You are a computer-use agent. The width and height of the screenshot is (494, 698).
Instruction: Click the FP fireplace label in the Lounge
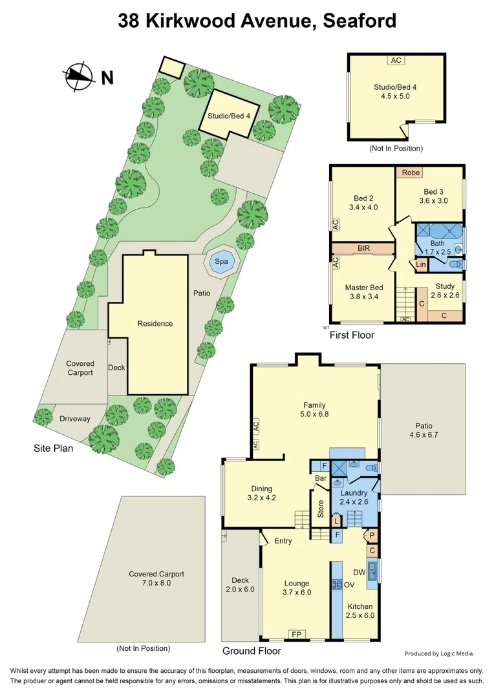tap(296, 634)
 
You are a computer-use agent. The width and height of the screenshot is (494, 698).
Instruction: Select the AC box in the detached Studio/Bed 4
tap(396, 60)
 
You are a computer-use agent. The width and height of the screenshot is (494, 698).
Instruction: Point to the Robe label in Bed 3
tap(411, 173)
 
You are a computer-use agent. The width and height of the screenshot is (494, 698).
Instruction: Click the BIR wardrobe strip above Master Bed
tap(363, 248)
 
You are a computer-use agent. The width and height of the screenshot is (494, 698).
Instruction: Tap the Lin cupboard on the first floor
tap(421, 264)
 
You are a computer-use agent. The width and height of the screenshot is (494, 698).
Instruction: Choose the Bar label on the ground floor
tap(320, 478)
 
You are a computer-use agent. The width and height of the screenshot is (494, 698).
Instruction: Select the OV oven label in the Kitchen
tap(349, 584)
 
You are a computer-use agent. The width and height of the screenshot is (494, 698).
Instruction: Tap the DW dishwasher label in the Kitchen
tap(359, 573)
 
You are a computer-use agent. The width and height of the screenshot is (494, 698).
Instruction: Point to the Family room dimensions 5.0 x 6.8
tap(315, 414)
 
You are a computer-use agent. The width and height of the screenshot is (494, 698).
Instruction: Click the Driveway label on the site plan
tap(75, 419)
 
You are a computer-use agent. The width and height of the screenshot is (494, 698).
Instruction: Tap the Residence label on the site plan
tap(155, 324)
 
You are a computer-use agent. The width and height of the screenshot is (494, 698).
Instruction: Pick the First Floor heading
tap(352, 335)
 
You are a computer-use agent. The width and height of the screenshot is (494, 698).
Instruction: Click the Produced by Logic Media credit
tap(438, 653)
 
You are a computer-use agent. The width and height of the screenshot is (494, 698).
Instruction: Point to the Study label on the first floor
tap(445, 286)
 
